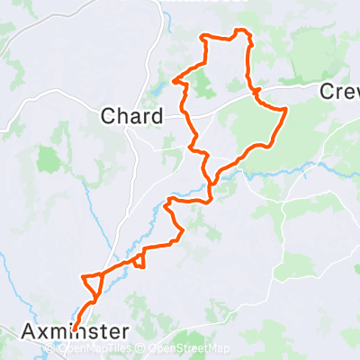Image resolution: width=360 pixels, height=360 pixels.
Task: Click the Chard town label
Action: (131, 116)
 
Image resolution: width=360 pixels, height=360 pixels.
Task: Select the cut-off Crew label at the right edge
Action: (340, 92)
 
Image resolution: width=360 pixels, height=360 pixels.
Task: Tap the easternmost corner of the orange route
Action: (286, 110)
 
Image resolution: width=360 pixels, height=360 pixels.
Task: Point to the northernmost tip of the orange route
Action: (238, 31)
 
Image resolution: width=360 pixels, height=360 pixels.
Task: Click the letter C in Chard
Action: (108, 116)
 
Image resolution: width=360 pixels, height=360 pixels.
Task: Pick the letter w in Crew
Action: (354, 92)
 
